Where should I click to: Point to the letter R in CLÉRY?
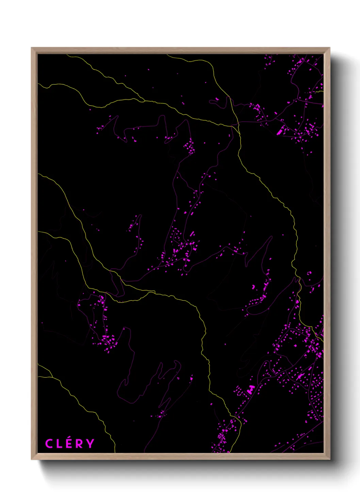79,444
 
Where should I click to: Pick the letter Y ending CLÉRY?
90,444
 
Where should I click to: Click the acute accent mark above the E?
69,438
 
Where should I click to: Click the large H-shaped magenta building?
251,389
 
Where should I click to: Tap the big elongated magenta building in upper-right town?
281,131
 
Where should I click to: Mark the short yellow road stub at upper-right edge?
319,91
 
